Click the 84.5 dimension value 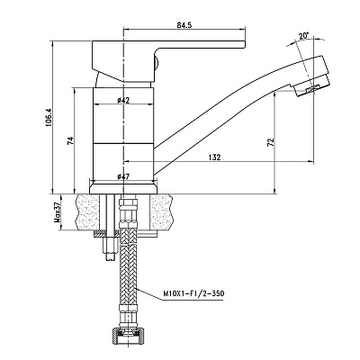[184, 25]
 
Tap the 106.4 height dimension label [49, 117]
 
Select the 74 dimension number [70, 140]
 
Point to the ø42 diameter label [123, 100]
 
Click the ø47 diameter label [123, 176]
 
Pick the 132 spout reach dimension [215, 157]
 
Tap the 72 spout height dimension [270, 142]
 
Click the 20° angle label [303, 36]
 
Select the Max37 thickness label [57, 212]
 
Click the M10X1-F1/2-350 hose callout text [193, 293]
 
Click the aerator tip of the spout [310, 77]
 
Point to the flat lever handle [168, 61]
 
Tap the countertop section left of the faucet [88, 212]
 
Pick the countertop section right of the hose [162, 212]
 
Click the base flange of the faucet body [123, 187]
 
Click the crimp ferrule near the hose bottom [129, 313]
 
